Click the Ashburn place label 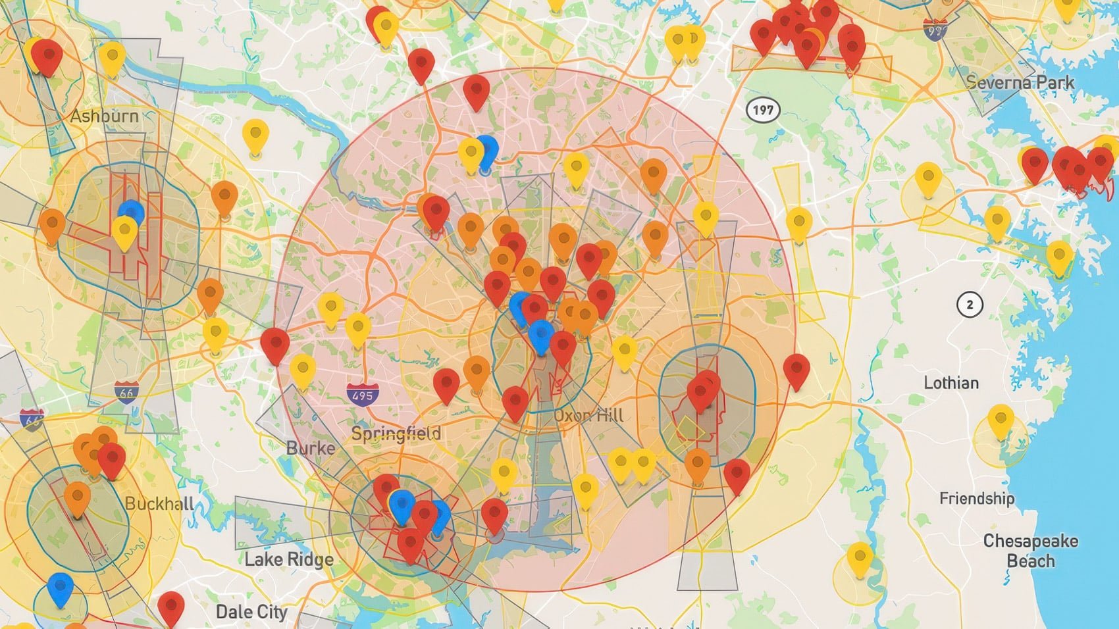tap(105, 116)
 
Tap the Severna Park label tap(1020, 82)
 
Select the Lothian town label tap(950, 382)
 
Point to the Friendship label tap(976, 498)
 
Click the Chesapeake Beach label tap(1030, 551)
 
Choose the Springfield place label tap(396, 434)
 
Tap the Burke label tap(311, 448)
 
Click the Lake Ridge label tap(289, 559)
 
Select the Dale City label tap(251, 611)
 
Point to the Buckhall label tap(159, 504)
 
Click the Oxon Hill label tap(588, 415)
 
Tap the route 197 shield tap(763, 110)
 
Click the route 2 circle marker tap(969, 305)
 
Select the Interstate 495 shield tap(363, 395)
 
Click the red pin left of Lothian tap(796, 370)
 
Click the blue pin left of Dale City tap(61, 587)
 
